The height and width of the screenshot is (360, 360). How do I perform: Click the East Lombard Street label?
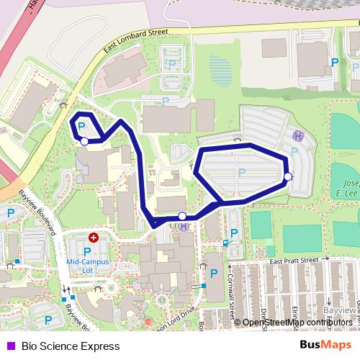tap(135, 42)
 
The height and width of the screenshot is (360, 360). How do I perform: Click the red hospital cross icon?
tap(93, 237)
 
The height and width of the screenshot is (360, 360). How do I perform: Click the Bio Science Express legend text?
tap(71, 346)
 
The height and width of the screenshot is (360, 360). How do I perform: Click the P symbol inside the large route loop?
tap(241, 171)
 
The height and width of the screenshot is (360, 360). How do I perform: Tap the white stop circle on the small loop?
tap(85, 142)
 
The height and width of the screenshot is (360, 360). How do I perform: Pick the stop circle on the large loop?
tap(288, 176)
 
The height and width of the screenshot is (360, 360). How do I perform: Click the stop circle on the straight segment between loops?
tap(182, 216)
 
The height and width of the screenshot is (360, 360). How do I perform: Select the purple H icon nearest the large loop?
tap(297, 135)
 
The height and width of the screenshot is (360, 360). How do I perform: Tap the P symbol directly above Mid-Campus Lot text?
tap(87, 251)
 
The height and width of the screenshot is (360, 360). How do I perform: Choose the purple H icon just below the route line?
tap(184, 226)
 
